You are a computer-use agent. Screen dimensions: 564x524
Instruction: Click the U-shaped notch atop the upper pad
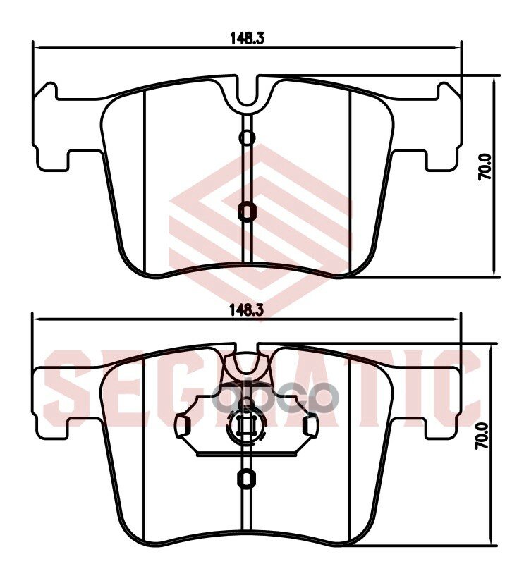[246, 94]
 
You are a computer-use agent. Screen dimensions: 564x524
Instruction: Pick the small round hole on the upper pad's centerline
[246, 137]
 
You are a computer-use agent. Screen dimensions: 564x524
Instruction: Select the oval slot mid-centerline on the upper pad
[246, 210]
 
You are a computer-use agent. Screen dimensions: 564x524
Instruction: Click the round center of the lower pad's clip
[246, 426]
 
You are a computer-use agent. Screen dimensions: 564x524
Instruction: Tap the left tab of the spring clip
[183, 426]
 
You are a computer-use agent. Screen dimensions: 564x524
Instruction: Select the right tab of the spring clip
[309, 426]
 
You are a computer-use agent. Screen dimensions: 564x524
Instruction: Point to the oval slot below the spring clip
[246, 477]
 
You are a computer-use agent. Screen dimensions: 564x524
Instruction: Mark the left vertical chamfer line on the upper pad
[144, 183]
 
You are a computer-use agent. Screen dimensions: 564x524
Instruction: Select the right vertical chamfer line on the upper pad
[351, 183]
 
